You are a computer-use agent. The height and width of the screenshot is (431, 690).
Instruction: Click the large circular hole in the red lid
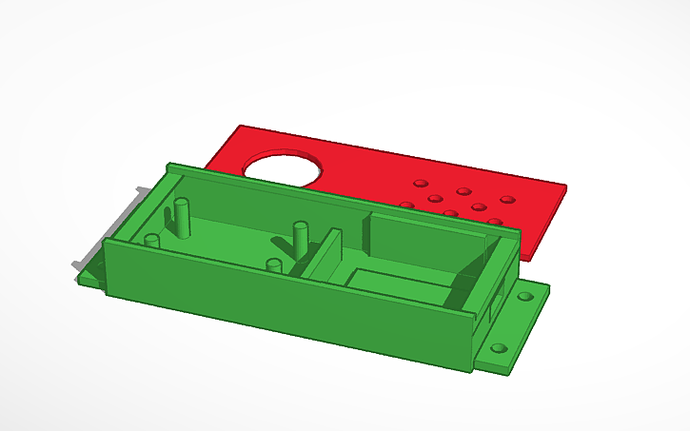click(x=284, y=168)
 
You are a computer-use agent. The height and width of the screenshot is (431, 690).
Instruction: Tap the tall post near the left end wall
click(x=181, y=219)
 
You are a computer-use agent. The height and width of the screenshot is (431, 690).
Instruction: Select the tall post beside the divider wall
click(x=301, y=238)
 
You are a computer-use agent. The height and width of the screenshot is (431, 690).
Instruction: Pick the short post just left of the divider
click(x=274, y=265)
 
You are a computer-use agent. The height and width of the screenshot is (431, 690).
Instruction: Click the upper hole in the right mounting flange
click(x=524, y=297)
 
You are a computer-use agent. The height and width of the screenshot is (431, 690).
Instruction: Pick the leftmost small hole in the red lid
click(x=406, y=205)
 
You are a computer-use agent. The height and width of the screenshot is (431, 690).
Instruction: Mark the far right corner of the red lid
click(x=565, y=186)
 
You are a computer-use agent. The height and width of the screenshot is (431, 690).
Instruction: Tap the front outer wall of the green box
click(x=286, y=304)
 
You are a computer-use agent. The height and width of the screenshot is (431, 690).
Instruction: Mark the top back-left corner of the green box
click(x=169, y=164)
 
